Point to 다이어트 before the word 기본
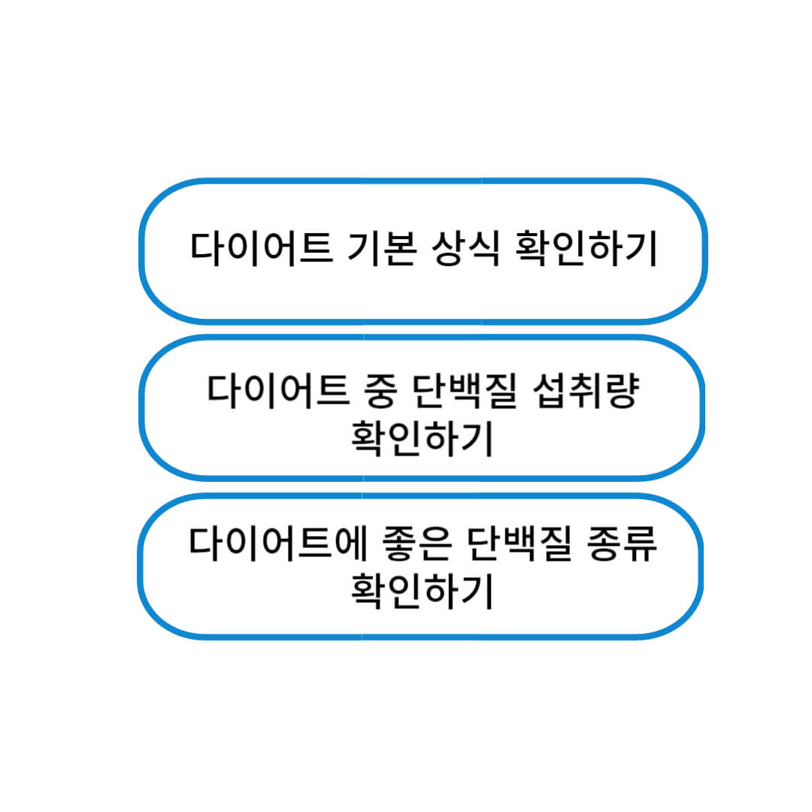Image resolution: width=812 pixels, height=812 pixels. point(261,249)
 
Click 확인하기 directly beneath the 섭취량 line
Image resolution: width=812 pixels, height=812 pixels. point(422,438)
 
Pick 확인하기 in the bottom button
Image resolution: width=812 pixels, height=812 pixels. point(422,591)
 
